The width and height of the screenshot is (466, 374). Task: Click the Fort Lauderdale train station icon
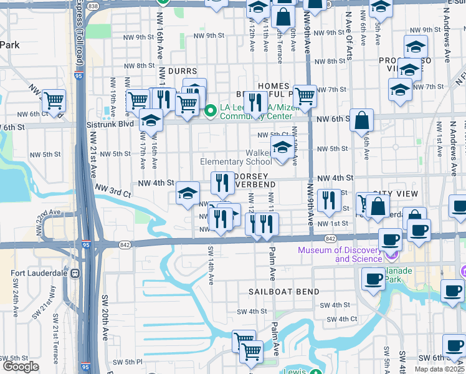tap(75, 272)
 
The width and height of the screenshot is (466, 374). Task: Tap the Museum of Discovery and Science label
tap(340, 254)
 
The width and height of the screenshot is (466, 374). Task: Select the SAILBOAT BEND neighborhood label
tap(283, 292)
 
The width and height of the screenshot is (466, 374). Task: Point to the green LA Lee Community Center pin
tap(211, 111)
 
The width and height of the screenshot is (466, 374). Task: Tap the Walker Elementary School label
tap(237, 157)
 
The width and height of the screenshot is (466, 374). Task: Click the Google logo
tap(21, 367)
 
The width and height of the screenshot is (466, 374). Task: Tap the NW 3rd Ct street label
tap(113, 189)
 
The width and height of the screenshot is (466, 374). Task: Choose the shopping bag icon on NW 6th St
tap(361, 119)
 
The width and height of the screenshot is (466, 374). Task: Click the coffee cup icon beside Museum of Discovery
tap(390, 239)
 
